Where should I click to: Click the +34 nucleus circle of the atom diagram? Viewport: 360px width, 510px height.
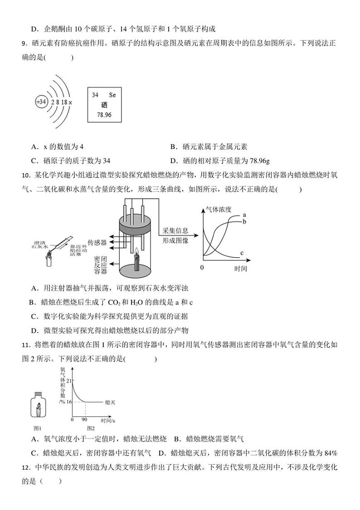(42, 102)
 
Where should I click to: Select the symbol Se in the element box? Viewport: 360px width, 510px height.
(112, 95)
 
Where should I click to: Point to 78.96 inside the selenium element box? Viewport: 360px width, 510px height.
(104, 115)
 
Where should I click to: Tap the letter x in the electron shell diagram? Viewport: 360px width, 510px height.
(71, 103)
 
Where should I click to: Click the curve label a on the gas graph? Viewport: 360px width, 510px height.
(244, 214)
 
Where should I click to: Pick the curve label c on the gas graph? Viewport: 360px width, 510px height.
(242, 252)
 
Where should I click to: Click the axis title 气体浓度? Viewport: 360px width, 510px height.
(219, 210)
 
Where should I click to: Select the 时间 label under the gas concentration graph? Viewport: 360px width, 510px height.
(241, 269)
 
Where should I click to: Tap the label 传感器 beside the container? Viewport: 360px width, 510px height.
(97, 242)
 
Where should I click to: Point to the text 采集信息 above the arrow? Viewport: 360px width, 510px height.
(175, 231)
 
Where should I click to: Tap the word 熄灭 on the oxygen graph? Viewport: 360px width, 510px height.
(109, 402)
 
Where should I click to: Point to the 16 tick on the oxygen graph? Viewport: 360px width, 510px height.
(69, 402)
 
